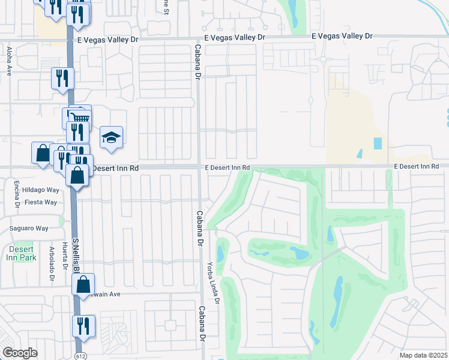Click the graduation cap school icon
point(111,139)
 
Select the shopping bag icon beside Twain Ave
point(84,284)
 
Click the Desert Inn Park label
point(22,253)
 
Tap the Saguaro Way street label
point(28,228)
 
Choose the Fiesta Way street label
point(41,202)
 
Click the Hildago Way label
point(41,190)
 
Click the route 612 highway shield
point(80,356)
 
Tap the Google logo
point(20,353)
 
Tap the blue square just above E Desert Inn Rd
point(378,143)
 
